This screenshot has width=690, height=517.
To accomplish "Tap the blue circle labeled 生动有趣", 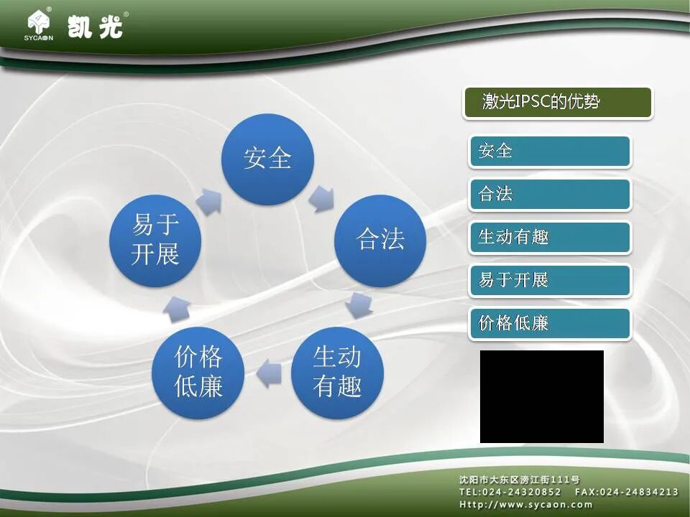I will point(337,373).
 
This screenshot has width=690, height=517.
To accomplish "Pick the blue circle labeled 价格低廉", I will point(198,373).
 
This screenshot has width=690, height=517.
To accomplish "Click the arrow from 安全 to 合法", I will point(322,198).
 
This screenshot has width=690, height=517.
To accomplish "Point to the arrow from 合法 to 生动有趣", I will point(359,304).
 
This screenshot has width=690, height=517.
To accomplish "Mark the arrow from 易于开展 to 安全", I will point(209,201).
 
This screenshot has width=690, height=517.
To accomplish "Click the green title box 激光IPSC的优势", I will point(558,103).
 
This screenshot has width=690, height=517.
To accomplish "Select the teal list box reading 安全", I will point(550,152).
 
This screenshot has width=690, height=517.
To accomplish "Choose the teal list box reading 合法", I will point(550,195).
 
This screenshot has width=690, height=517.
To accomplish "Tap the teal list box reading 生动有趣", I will point(550,238).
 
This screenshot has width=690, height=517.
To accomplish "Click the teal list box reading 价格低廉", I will point(550,324).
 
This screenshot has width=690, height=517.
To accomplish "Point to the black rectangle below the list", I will point(542,396).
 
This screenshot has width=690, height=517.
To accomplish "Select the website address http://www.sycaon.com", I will point(526,504).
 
